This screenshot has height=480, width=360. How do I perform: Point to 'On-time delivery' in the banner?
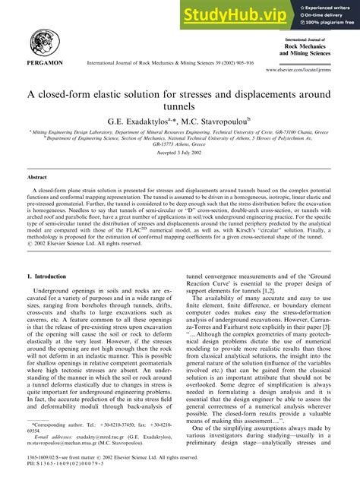click(323, 15)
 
